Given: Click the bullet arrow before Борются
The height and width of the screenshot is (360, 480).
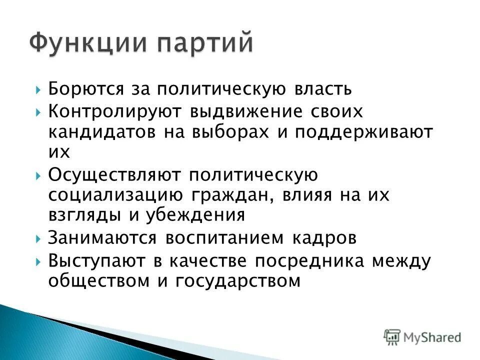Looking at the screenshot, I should pos(39,90).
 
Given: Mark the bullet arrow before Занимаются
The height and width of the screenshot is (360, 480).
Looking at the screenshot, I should pos(39,239).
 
